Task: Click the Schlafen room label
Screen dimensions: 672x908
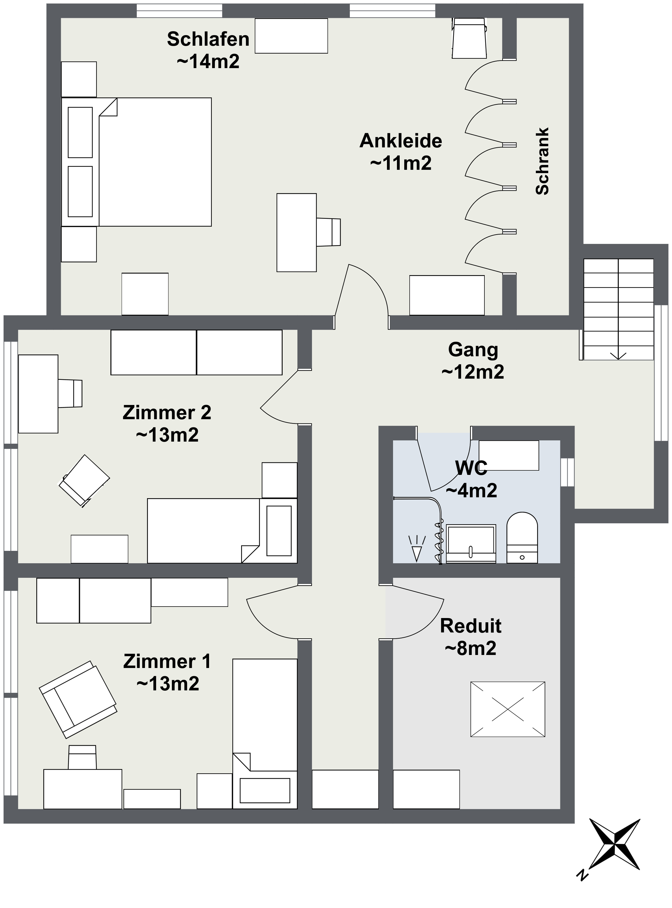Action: pyautogui.click(x=208, y=50)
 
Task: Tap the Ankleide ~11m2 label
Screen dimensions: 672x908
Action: pyautogui.click(x=401, y=152)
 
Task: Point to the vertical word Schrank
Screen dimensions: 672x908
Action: pyautogui.click(x=543, y=161)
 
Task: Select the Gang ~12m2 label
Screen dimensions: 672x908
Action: pyautogui.click(x=473, y=360)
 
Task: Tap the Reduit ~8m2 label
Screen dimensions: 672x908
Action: pyautogui.click(x=471, y=637)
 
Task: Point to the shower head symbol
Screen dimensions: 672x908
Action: pyautogui.click(x=417, y=548)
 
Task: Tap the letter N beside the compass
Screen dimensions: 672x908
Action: pyautogui.click(x=582, y=874)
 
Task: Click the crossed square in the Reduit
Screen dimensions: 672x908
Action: pyautogui.click(x=508, y=709)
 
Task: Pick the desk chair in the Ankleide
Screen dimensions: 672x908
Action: pyautogui.click(x=329, y=232)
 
